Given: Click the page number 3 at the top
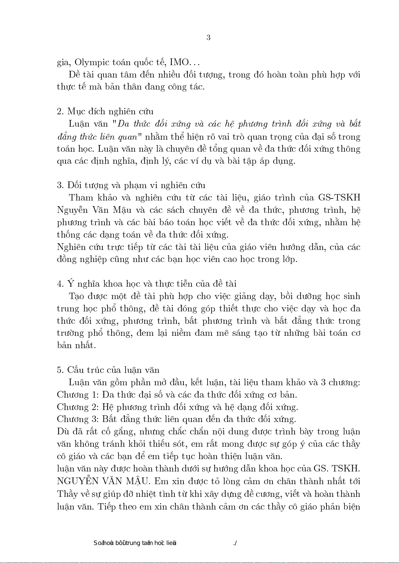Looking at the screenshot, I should pyautogui.click(x=208, y=37).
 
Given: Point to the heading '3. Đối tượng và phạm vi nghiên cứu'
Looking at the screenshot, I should pyautogui.click(x=131, y=185).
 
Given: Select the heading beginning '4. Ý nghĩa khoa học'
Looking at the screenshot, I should pyautogui.click(x=147, y=284).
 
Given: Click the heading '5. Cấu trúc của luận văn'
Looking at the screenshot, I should pyautogui.click(x=108, y=370).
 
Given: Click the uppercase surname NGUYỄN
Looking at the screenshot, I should pyautogui.click(x=78, y=481).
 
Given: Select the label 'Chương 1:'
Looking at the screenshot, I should pyautogui.click(x=78, y=395).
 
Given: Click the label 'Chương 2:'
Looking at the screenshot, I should pyautogui.click(x=78, y=407).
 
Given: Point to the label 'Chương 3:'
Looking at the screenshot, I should pyautogui.click(x=78, y=419).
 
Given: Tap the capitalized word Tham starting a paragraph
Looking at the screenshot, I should pyautogui.click(x=81, y=198).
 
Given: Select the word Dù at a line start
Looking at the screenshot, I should pyautogui.click(x=63, y=432).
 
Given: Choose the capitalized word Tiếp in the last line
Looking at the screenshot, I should pyautogui.click(x=106, y=507).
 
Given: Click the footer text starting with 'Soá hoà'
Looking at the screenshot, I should pyautogui.click(x=135, y=543).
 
